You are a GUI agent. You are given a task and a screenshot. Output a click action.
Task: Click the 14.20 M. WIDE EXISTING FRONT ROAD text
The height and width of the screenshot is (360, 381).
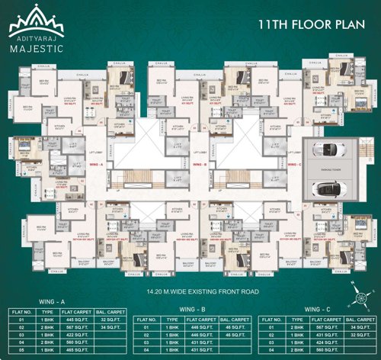pyautogui.click(x=190, y=291)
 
